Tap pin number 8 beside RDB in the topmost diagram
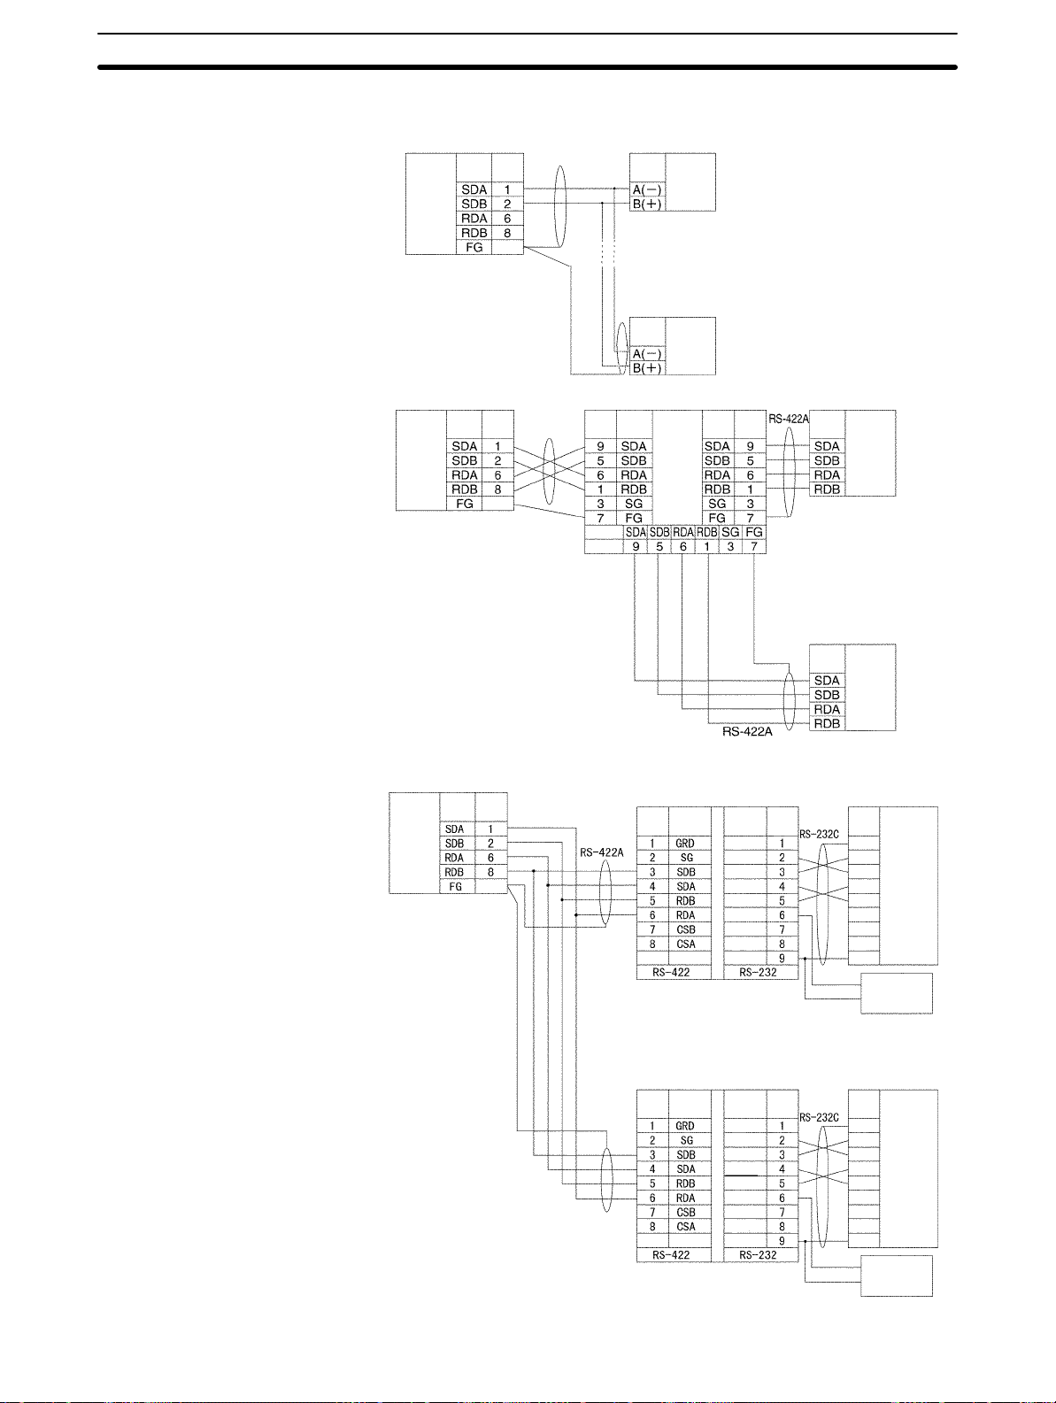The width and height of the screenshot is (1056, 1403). pyautogui.click(x=507, y=233)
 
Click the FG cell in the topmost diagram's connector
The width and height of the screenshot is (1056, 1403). pyautogui.click(x=474, y=248)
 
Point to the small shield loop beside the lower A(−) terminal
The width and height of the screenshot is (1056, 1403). pyautogui.click(x=621, y=346)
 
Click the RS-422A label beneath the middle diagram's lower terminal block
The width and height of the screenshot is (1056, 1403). pyautogui.click(x=747, y=732)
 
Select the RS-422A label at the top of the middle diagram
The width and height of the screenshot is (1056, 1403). pyautogui.click(x=789, y=419)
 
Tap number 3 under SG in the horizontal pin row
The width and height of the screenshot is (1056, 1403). pyautogui.click(x=730, y=547)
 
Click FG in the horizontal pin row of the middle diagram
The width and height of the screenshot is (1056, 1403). pyautogui.click(x=754, y=533)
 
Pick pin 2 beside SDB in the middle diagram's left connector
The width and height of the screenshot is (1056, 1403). pyautogui.click(x=497, y=461)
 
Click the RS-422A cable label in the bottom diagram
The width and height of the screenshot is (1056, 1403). pyautogui.click(x=602, y=852)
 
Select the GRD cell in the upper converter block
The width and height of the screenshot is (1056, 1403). pyautogui.click(x=685, y=844)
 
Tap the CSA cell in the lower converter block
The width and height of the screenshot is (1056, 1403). pyautogui.click(x=686, y=1227)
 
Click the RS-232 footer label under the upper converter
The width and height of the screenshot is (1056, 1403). pyautogui.click(x=758, y=972)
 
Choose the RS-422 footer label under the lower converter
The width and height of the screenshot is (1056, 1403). pyautogui.click(x=671, y=1255)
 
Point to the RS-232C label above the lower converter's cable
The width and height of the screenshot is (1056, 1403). pyautogui.click(x=819, y=1118)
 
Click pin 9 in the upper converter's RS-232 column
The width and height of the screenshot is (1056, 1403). pyautogui.click(x=782, y=959)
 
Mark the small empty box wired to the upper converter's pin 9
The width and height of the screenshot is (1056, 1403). pyautogui.click(x=897, y=993)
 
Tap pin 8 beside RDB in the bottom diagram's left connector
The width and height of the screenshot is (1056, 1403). pyautogui.click(x=490, y=873)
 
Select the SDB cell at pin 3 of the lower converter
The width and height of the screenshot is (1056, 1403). pyautogui.click(x=686, y=1155)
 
